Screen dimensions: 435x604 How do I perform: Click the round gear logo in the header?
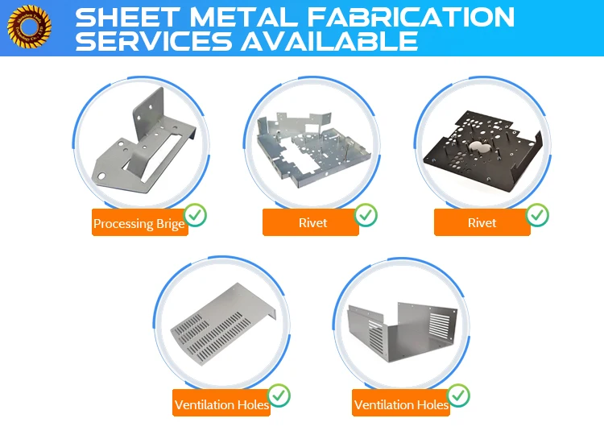(29, 28)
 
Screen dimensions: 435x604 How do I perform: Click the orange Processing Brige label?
(139, 223)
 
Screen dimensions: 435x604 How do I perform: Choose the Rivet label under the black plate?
(482, 222)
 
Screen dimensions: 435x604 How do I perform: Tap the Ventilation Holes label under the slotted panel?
(221, 404)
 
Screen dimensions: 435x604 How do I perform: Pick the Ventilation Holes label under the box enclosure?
(400, 404)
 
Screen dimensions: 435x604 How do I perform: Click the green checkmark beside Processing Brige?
(195, 215)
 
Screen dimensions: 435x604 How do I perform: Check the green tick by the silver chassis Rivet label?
(366, 215)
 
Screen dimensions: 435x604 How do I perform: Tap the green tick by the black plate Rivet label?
(538, 215)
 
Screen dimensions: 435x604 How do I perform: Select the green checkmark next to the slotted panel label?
(279, 396)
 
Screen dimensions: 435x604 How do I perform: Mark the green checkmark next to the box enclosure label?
(459, 396)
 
